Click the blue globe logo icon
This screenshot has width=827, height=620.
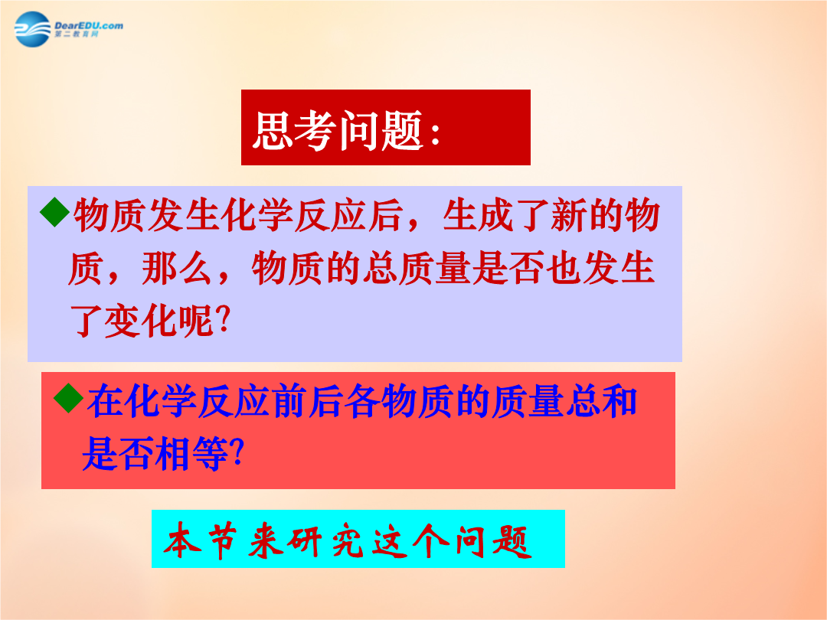point(33,29)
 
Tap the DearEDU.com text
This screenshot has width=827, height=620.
point(89,25)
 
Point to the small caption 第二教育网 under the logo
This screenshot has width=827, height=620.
point(77,34)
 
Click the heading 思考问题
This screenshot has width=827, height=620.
point(338,129)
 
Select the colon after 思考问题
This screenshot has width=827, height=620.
point(435,134)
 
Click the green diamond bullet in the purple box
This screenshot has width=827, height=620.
point(55,212)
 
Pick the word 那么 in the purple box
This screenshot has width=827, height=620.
point(177,269)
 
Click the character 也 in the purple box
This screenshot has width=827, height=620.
point(564,269)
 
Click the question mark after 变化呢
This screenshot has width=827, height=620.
point(224,318)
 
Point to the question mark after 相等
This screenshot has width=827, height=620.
point(237,452)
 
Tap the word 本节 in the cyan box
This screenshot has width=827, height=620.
point(201,541)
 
